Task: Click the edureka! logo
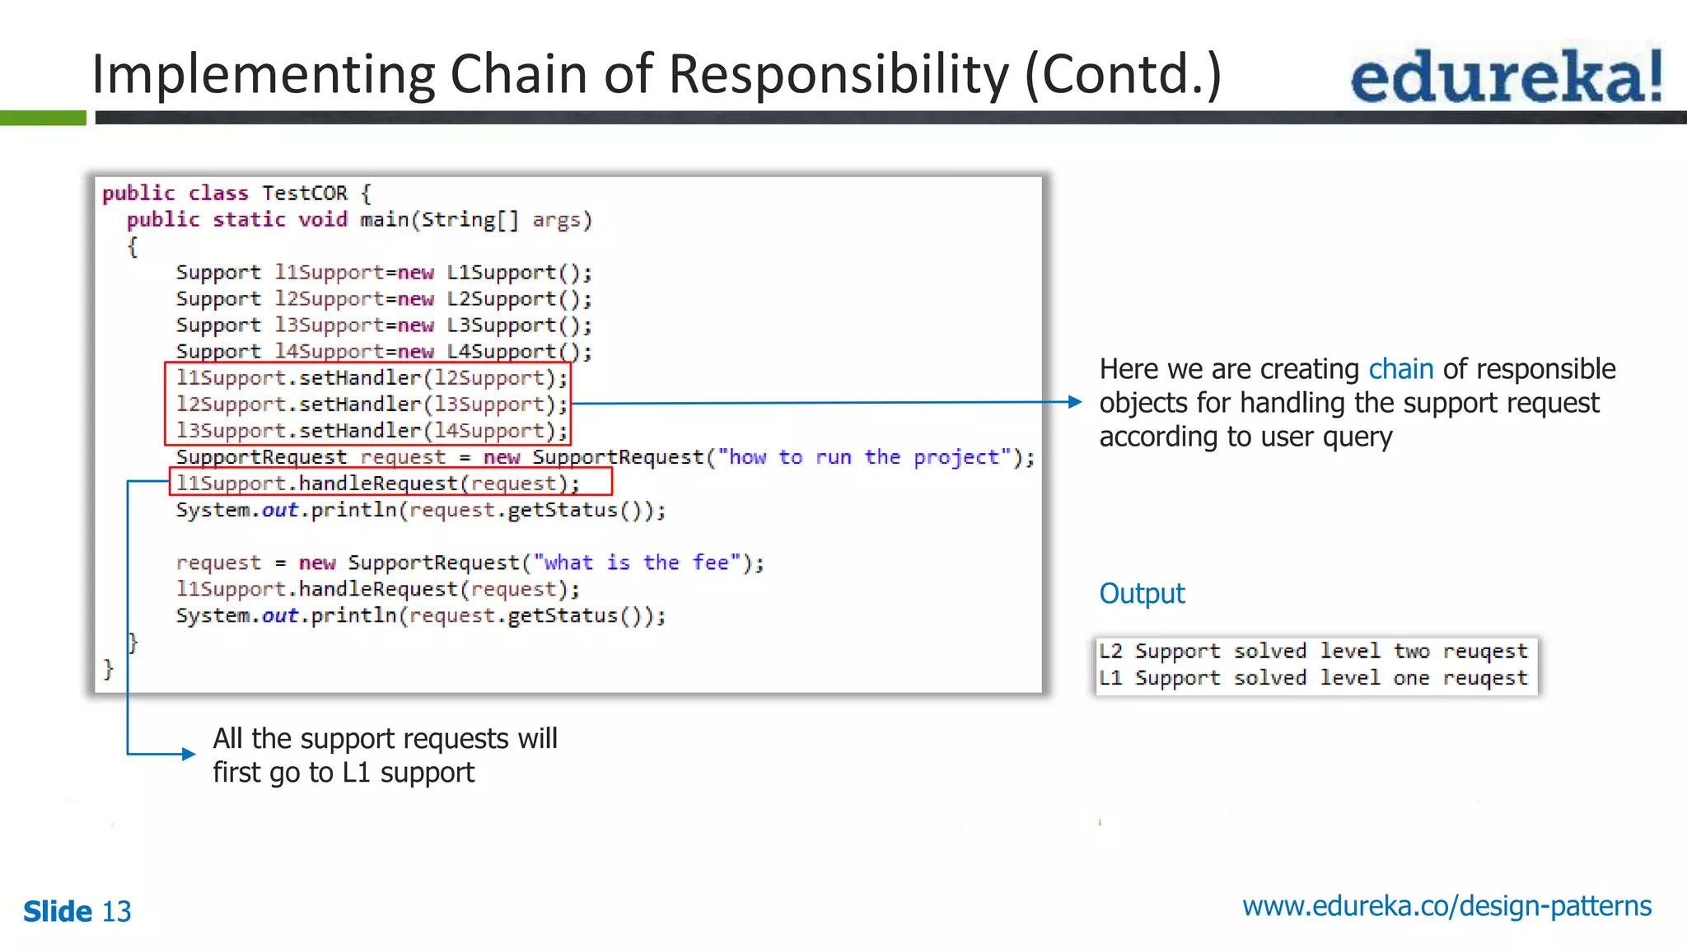tap(1506, 77)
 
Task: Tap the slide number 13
tap(116, 912)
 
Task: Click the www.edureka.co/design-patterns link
tap(1446, 906)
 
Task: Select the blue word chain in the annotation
tap(1400, 369)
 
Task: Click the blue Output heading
tap(1142, 594)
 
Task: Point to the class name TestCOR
tap(305, 194)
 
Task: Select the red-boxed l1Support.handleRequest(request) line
tap(379, 484)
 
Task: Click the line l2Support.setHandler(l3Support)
tap(371, 404)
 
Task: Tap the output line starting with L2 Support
tap(1313, 652)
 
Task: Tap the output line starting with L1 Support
tap(1313, 678)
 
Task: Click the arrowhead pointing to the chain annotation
tap(1074, 402)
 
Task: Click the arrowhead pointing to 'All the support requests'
tap(189, 753)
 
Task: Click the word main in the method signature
tap(384, 220)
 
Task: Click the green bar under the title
tap(43, 119)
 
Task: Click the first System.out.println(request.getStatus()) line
tap(420, 510)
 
